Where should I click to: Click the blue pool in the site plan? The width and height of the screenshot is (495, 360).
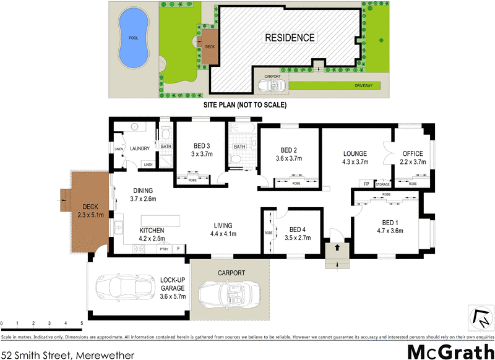pyautogui.click(x=134, y=38)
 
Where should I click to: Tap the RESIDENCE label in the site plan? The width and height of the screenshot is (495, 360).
pyautogui.click(x=290, y=38)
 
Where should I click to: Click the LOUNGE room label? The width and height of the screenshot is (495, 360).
pyautogui.click(x=355, y=154)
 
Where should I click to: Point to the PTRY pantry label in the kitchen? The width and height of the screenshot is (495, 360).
pyautogui.click(x=163, y=249)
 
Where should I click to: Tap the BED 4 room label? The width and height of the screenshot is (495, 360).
pyautogui.click(x=298, y=228)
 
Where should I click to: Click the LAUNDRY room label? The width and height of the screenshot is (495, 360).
pyautogui.click(x=140, y=148)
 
